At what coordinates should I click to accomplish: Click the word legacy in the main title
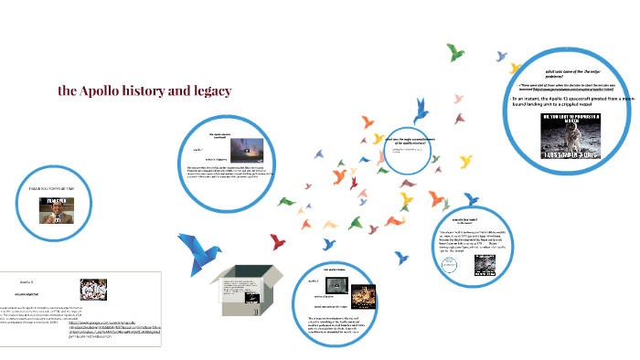coord(209,91)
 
